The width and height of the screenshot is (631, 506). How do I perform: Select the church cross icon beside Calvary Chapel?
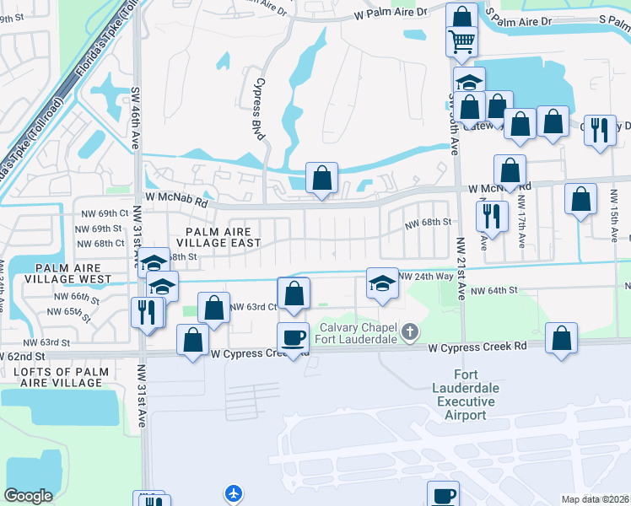click(x=410, y=330)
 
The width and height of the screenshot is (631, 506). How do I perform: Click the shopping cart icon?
click(x=461, y=39)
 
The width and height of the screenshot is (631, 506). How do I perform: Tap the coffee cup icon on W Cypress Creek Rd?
click(x=293, y=337)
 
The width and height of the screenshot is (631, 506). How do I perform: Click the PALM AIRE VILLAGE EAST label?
click(x=215, y=235)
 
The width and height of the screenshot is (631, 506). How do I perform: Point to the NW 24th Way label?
click(x=426, y=277)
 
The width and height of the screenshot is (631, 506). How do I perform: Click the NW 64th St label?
click(x=493, y=290)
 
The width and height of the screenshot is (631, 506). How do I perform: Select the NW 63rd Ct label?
click(x=253, y=307)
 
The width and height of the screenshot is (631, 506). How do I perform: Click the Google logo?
click(x=28, y=495)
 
